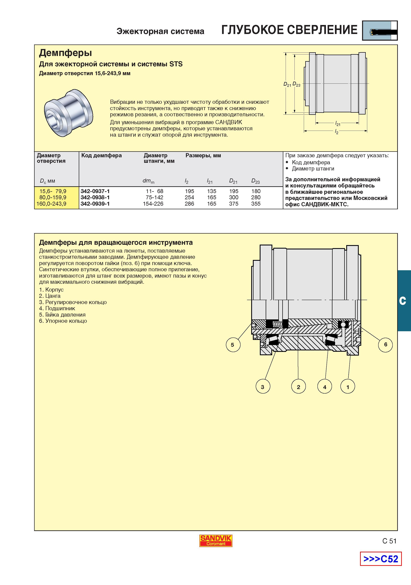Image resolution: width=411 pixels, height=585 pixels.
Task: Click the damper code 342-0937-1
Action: pos(95,191)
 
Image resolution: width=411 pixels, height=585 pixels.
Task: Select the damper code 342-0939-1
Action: pos(95,204)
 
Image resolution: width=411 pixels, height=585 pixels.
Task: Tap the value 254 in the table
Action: pos(189,197)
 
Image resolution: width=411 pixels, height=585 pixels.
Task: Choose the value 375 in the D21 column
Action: pos(234,204)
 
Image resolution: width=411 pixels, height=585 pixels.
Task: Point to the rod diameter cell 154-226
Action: pos(153,204)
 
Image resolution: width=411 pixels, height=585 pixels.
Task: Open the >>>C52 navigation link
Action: pos(381,559)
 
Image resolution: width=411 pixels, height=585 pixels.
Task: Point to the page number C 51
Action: pos(389,541)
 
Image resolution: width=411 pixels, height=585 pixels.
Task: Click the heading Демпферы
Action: pos(65,53)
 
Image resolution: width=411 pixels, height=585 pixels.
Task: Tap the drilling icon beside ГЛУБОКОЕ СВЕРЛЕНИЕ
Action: pos(380,31)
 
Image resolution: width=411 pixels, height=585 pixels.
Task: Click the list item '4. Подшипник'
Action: pos(57,308)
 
